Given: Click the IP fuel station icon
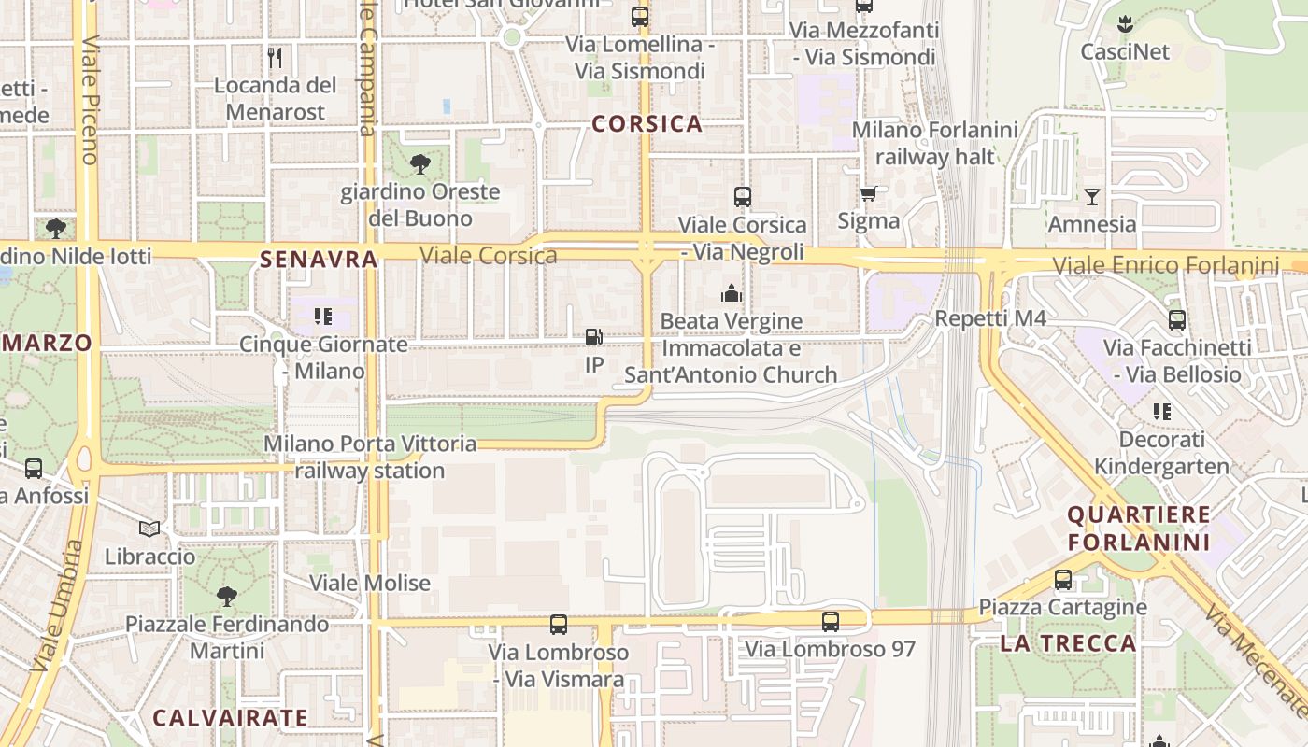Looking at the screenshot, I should pos(593,337).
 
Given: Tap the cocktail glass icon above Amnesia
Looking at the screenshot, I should pos(1091,196).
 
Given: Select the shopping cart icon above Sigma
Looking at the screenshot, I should pos(868,193).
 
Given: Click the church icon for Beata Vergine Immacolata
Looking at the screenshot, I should pos(731,294).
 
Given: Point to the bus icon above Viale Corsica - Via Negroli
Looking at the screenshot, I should pos(743,197).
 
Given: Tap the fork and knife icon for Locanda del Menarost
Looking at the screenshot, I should pos(275,58).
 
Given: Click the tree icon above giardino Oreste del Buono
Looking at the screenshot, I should pos(420,164).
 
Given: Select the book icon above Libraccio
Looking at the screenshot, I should pos(149,529).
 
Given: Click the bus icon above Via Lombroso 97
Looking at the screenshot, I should pos(830,621).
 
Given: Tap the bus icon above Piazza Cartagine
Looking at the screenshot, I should pos(1063,580).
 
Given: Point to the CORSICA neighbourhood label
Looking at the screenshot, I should pos(647,123).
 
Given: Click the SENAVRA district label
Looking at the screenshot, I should pos(319,260).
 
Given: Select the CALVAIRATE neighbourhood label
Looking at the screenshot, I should pos(230,718).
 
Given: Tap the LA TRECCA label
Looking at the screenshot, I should pos(1068,643).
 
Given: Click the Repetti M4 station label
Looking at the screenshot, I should pos(990,318).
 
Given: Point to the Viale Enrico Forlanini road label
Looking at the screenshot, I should pos(1166,266).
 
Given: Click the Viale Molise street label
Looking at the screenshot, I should pos(370,584).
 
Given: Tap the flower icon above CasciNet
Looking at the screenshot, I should pos(1125,24).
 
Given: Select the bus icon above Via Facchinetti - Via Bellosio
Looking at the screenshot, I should pos(1177,320).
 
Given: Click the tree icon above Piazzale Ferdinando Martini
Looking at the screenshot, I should pos(226,596).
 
